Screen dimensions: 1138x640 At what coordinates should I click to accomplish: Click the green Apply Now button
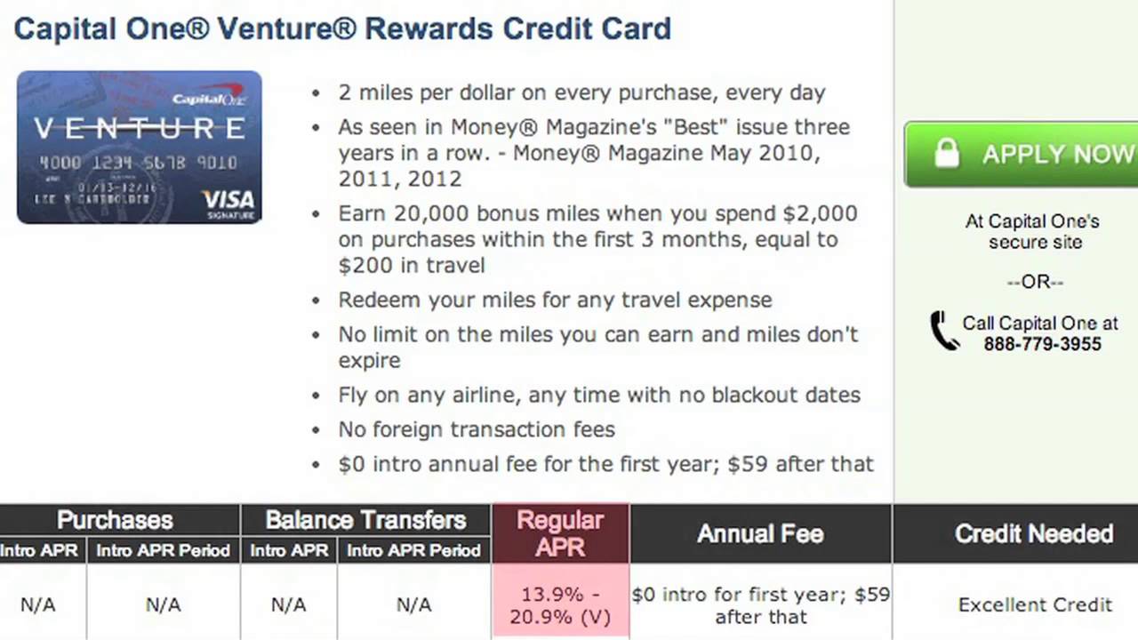coord(1022,155)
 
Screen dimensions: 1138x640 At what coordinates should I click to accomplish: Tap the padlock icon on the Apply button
coord(947,153)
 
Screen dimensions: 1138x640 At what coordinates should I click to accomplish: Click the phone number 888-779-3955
coord(1043,344)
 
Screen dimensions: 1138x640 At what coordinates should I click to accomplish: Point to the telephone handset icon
coord(944,330)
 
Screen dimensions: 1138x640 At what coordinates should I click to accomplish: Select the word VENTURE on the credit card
coord(140,129)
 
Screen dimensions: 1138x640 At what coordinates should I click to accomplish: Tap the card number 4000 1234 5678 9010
coord(139,163)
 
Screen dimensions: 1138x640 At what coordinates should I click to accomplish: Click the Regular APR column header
coord(560,533)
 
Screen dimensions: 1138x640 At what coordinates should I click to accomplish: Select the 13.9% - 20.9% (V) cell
coord(560,605)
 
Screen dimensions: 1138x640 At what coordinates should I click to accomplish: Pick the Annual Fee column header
coord(760,534)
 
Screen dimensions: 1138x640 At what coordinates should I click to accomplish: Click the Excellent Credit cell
coord(1035,605)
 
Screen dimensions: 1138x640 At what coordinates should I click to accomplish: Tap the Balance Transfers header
coord(365,520)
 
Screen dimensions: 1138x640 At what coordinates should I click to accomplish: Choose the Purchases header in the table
coord(115,520)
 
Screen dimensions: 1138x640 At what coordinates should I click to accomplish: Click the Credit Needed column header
coord(1034,534)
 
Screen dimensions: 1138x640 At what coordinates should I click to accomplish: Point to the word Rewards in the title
coord(429,28)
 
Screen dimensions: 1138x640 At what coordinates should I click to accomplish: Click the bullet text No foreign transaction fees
coord(477,429)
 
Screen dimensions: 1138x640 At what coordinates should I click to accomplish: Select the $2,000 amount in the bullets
coord(820,214)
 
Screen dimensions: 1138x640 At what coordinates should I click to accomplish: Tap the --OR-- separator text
coord(1036,282)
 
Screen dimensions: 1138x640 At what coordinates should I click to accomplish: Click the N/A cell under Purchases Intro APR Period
coord(163,605)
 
